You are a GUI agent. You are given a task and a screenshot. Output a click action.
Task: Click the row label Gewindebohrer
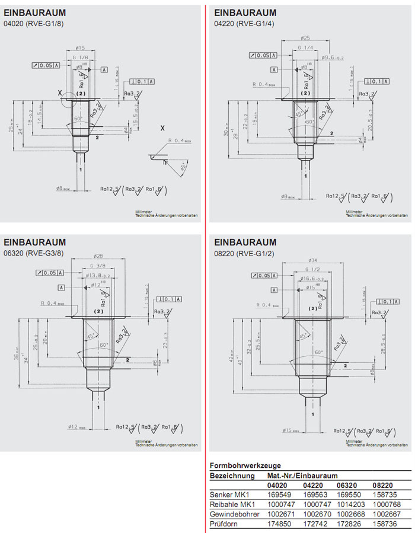235,513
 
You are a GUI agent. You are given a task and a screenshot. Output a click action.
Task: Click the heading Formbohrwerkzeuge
245,465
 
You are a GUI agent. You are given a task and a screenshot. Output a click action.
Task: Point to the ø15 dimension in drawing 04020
81,48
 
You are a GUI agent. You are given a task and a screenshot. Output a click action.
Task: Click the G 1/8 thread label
80,57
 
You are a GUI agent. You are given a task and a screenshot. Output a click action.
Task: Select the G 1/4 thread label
305,47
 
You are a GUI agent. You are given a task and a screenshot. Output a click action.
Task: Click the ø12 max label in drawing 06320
78,426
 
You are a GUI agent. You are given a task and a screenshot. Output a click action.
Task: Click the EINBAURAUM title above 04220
245,12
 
